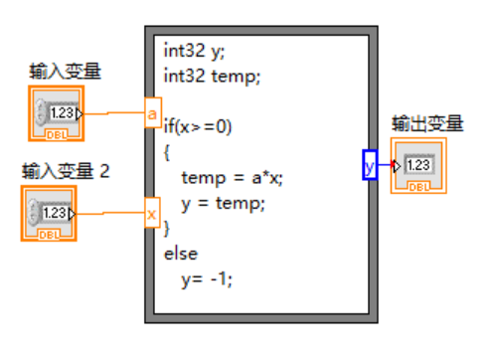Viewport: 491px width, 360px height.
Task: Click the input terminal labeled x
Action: pyautogui.click(x=152, y=213)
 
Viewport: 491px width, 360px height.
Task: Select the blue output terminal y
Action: pyautogui.click(x=370, y=165)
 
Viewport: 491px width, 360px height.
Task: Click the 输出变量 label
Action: pyautogui.click(x=427, y=124)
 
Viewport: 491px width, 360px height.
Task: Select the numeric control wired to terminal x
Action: pyautogui.click(x=48, y=213)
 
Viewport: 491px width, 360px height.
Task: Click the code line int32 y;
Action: pyautogui.click(x=192, y=50)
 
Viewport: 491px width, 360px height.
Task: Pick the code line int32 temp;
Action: pyautogui.click(x=212, y=75)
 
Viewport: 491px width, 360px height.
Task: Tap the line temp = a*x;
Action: pyautogui.click(x=233, y=178)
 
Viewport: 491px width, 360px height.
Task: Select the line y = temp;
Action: pyautogui.click(x=225, y=204)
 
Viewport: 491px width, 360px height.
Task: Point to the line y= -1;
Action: pyautogui.click(x=207, y=280)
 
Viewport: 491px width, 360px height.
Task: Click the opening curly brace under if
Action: pyautogui.click(x=168, y=152)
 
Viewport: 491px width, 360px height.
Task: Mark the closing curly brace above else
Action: pyautogui.click(x=168, y=230)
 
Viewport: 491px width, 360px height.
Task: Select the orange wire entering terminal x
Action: pyautogui.click(x=109, y=213)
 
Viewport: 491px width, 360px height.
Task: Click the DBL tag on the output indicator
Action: pyautogui.click(x=418, y=185)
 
